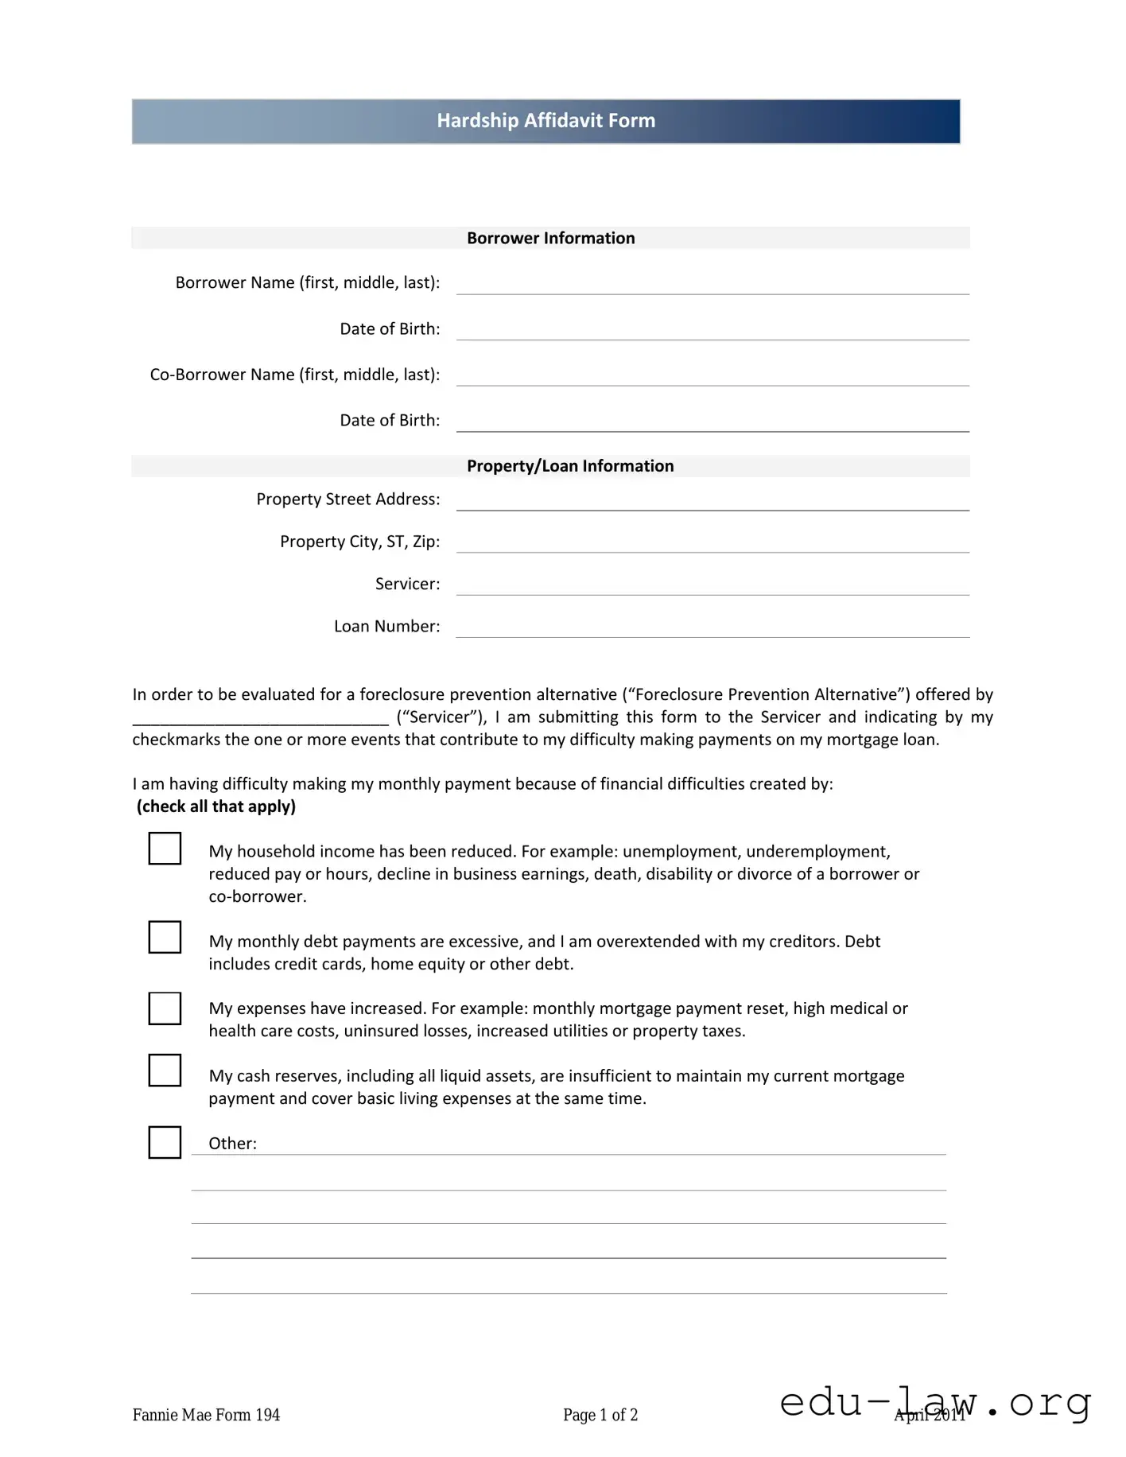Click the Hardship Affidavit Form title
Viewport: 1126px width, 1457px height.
(546, 121)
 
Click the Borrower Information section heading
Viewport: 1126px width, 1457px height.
(550, 238)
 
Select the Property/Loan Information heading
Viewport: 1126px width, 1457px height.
(569, 466)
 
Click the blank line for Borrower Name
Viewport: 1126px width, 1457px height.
(712, 286)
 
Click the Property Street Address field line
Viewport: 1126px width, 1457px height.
(712, 502)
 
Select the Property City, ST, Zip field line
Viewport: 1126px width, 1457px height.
(712, 544)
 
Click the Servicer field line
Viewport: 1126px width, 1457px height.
(712, 586)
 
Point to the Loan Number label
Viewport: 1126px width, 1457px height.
(386, 627)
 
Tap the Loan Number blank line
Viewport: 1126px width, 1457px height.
(712, 628)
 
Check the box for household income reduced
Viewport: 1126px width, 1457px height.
(165, 849)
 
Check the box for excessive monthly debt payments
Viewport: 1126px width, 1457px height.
(165, 937)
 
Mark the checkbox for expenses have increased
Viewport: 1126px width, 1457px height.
(165, 1008)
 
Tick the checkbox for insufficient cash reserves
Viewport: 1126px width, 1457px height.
(165, 1070)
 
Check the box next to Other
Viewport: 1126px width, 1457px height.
(165, 1142)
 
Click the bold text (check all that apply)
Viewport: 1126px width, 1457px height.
(216, 806)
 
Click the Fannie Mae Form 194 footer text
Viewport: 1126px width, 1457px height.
(206, 1415)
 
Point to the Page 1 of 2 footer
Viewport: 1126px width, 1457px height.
(600, 1415)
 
